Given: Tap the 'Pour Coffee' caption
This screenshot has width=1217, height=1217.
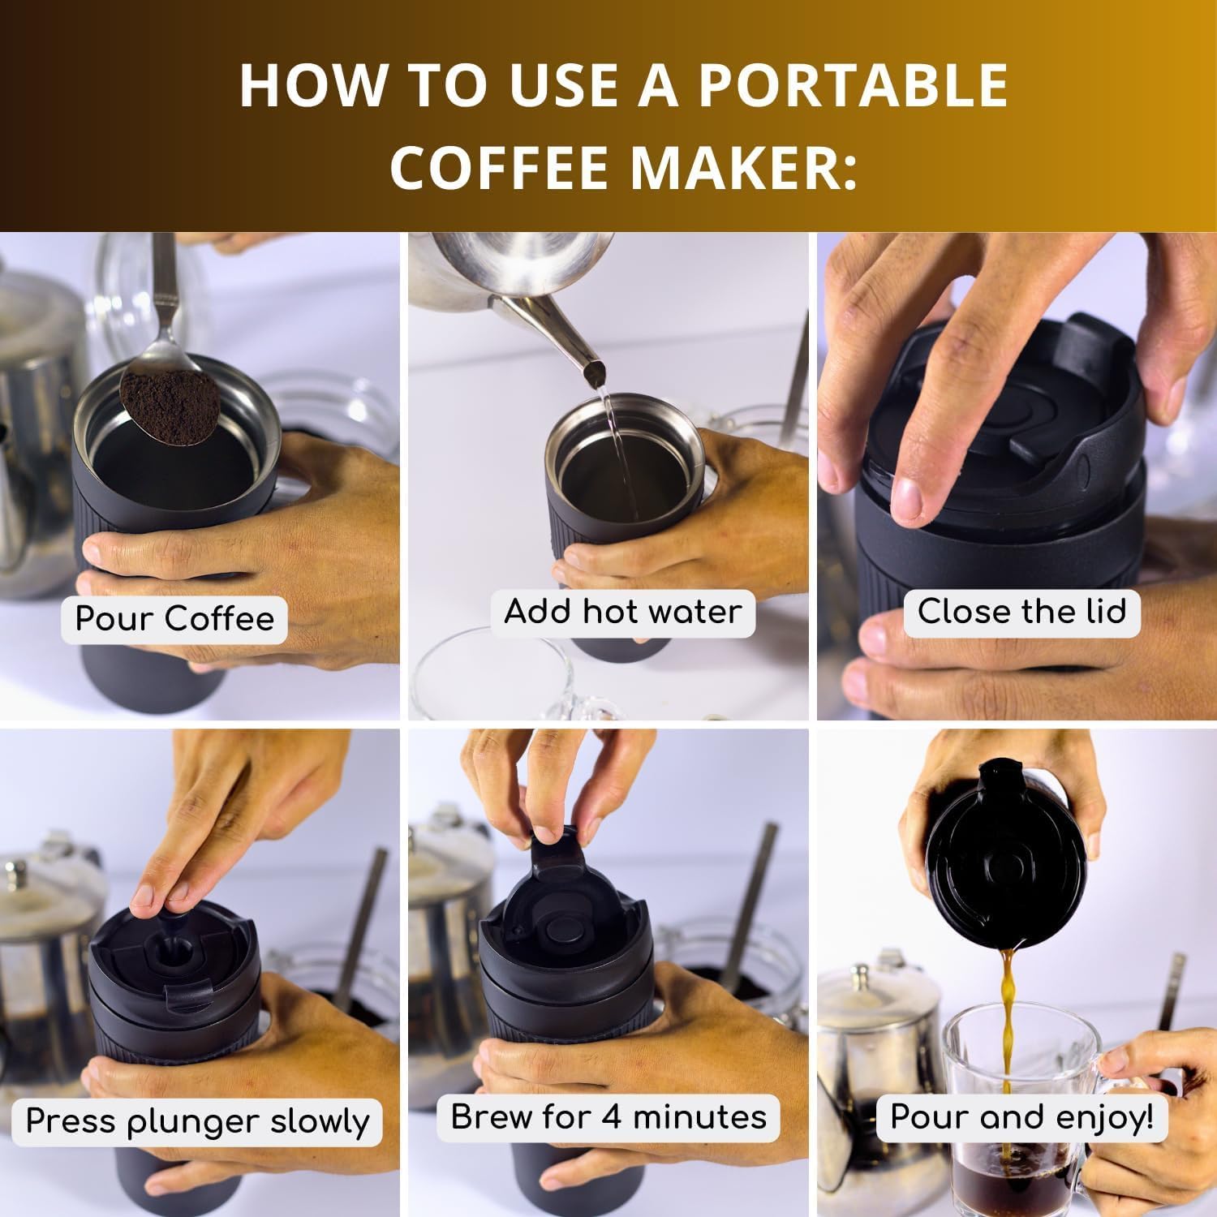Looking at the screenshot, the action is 174,619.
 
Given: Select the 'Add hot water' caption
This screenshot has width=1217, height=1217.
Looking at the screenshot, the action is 622,611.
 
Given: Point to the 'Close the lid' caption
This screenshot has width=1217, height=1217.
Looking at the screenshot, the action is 1021,611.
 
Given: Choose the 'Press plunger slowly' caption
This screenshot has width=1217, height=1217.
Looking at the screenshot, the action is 198,1121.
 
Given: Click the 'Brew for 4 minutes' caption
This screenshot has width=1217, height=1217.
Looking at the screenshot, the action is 608,1116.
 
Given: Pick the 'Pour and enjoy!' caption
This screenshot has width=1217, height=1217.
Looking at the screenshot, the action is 1021,1117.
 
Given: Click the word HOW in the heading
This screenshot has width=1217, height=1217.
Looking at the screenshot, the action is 303,85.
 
